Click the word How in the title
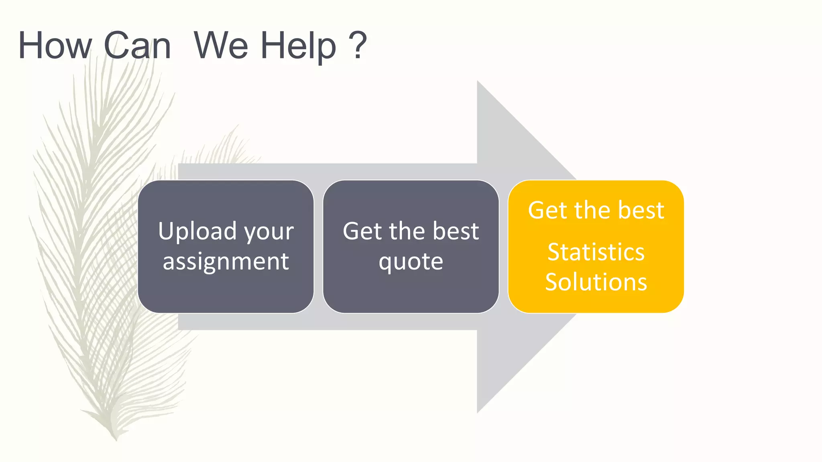[55, 46]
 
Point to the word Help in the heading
[299, 47]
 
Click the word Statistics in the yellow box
[596, 252]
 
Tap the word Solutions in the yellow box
[596, 282]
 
